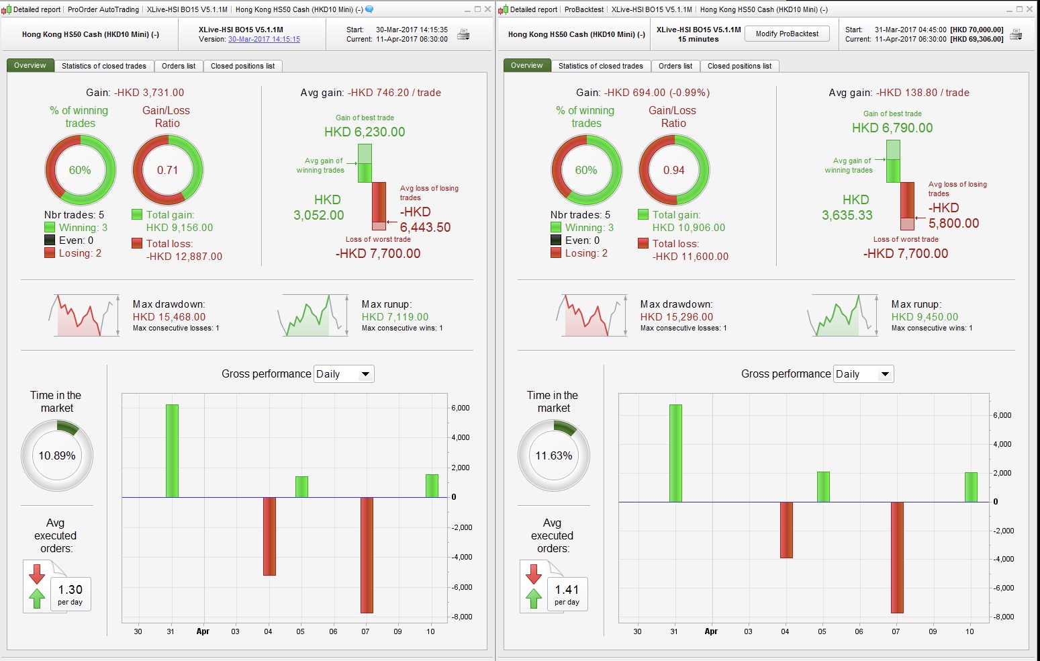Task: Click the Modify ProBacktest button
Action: tap(787, 34)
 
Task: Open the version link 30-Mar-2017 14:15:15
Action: tap(264, 40)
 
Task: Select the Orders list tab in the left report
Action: tap(179, 66)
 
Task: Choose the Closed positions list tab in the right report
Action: tap(739, 66)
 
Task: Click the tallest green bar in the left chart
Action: tap(172, 450)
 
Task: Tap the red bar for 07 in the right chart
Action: tap(897, 557)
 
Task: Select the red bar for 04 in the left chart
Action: tap(269, 536)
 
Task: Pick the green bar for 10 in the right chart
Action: tap(971, 487)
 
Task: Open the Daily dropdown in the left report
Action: tap(344, 374)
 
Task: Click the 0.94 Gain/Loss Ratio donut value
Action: tap(673, 171)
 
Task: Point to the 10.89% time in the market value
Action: tap(57, 456)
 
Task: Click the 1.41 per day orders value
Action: tap(567, 590)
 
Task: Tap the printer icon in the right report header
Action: tap(1016, 35)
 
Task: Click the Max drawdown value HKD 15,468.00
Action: tap(169, 317)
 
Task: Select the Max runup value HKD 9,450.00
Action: tap(925, 317)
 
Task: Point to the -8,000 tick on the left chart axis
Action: tap(461, 617)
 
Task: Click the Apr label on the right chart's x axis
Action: tap(711, 631)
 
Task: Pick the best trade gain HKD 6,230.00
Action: tap(365, 132)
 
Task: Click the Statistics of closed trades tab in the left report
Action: tap(104, 66)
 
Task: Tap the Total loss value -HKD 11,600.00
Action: tap(690, 257)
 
